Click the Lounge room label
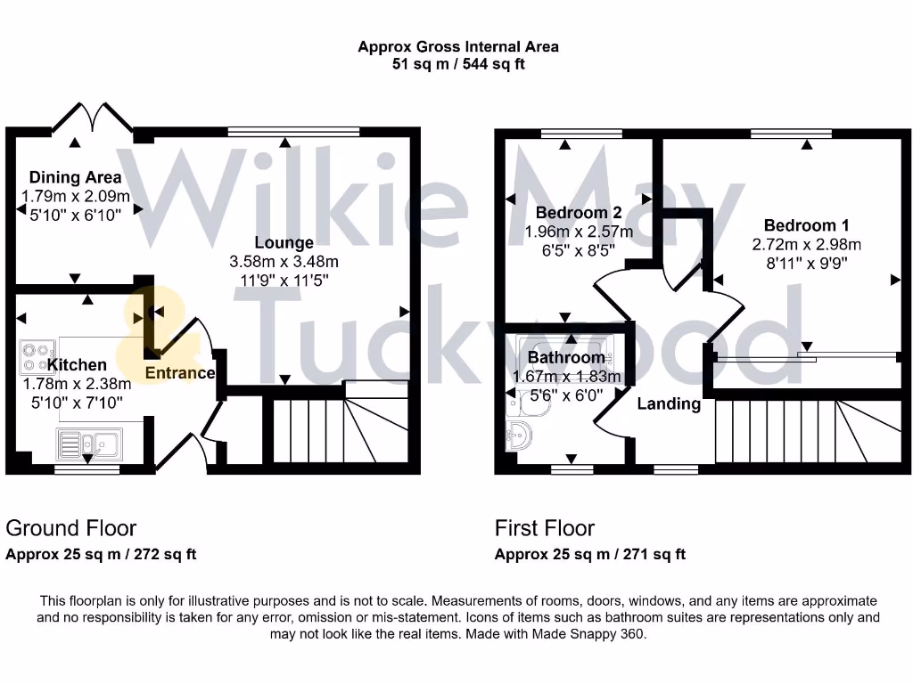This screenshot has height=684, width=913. (284, 242)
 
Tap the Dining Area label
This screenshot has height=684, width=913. (75, 177)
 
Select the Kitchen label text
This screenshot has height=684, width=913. (77, 364)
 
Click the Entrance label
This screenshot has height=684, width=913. (180, 373)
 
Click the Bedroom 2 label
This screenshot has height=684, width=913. (579, 213)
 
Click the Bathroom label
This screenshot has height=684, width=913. (566, 358)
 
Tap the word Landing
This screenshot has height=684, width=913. (668, 403)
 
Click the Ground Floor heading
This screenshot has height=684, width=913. (71, 528)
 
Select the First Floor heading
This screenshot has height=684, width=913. (544, 528)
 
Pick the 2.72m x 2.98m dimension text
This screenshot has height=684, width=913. (806, 244)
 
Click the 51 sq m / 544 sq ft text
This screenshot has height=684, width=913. (458, 64)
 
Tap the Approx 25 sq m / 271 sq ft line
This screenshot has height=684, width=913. (589, 554)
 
